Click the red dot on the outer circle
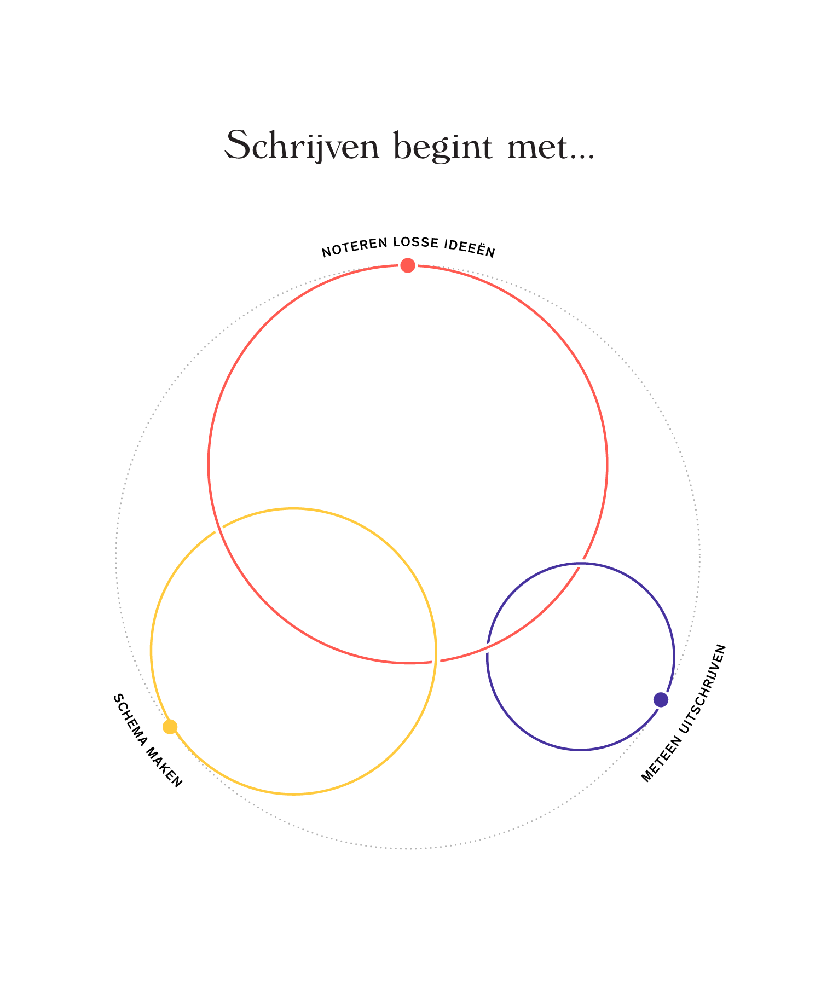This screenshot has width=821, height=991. tap(408, 265)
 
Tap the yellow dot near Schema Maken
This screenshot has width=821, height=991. tap(170, 727)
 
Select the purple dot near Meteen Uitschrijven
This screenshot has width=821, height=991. tap(661, 699)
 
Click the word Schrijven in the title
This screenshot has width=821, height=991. tap(303, 146)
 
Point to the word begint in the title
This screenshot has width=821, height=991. tap(444, 147)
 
